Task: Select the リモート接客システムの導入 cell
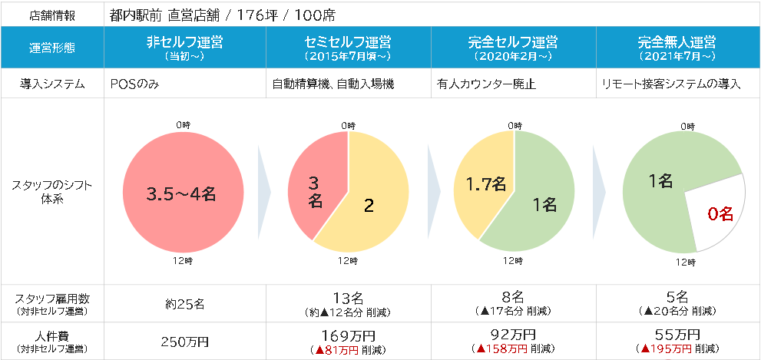[670, 84]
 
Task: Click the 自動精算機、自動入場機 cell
[333, 84]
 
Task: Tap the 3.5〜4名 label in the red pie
[181, 194]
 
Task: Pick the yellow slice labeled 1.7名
[485, 184]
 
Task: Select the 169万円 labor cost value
[347, 335]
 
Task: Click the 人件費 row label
[52, 335]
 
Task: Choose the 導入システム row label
[52, 84]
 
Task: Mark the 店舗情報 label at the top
[52, 15]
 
